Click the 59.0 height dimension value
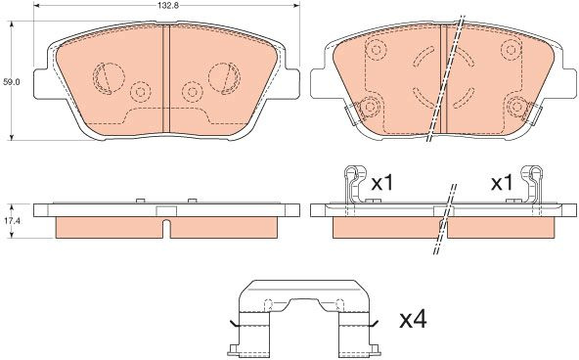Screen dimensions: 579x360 pyautogui.click(x=11, y=82)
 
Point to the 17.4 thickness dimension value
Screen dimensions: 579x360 pyautogui.click(x=12, y=221)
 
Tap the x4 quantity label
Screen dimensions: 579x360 pyautogui.click(x=414, y=320)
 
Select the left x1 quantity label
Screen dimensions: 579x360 pyautogui.click(x=382, y=183)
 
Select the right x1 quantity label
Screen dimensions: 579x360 pyautogui.click(x=502, y=183)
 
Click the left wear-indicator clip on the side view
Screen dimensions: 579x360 pyautogui.click(x=355, y=184)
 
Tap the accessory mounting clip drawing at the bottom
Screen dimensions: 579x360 pyautogui.click(x=304, y=317)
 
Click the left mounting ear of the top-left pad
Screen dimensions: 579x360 pyautogui.click(x=41, y=83)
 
